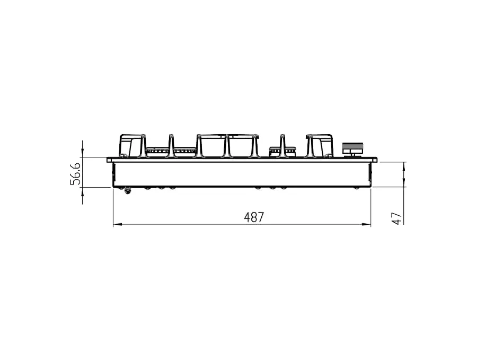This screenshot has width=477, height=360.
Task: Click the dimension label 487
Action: click(x=254, y=217)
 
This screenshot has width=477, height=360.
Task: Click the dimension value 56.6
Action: click(x=75, y=173)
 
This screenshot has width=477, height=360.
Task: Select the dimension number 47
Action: click(x=397, y=218)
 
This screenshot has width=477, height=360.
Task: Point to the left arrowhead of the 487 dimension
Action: click(x=118, y=225)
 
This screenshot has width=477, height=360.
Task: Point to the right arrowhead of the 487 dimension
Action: click(x=366, y=225)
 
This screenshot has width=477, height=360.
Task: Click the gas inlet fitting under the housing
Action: click(x=127, y=190)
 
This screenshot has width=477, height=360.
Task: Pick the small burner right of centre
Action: click(x=282, y=151)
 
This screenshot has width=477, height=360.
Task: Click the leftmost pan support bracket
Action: click(x=132, y=145)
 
